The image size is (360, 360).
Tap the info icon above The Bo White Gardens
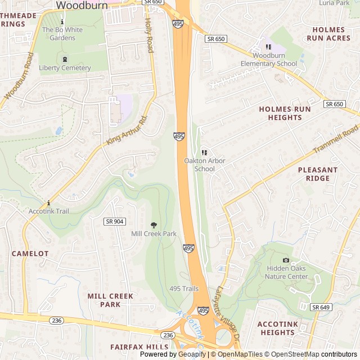pos(62,21)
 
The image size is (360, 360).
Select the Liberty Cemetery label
pos(65,68)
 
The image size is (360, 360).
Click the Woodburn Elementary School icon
pos(268,47)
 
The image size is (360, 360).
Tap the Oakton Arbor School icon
pos(204,152)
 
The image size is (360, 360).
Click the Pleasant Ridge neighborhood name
pos(318,174)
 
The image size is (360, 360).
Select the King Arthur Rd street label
pos(127,130)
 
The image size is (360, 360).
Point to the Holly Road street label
pos(149,35)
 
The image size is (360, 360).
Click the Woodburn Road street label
pos(19,76)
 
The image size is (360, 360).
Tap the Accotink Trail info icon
pos(49,203)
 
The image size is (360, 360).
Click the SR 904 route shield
pos(114,222)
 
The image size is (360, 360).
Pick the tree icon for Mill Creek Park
pos(154,225)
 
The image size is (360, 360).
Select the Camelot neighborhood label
pos(30,254)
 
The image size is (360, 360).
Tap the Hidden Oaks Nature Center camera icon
pos(286,260)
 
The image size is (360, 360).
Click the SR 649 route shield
pos(321,307)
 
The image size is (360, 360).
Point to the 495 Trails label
pos(184,289)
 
